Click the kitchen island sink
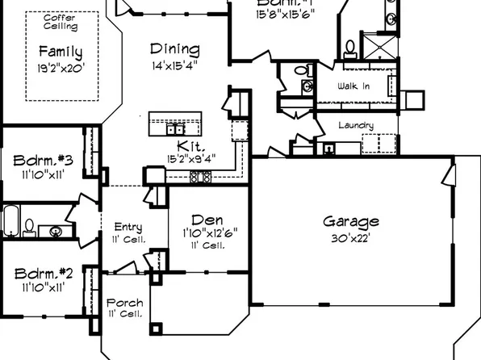point(174,128)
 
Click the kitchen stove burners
point(199,176)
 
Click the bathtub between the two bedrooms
point(10,220)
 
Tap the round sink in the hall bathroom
point(55,232)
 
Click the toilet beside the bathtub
point(29,225)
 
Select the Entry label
point(128,228)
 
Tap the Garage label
point(351,221)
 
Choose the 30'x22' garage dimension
point(351,239)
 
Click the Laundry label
point(355,125)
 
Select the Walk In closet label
point(353,85)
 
